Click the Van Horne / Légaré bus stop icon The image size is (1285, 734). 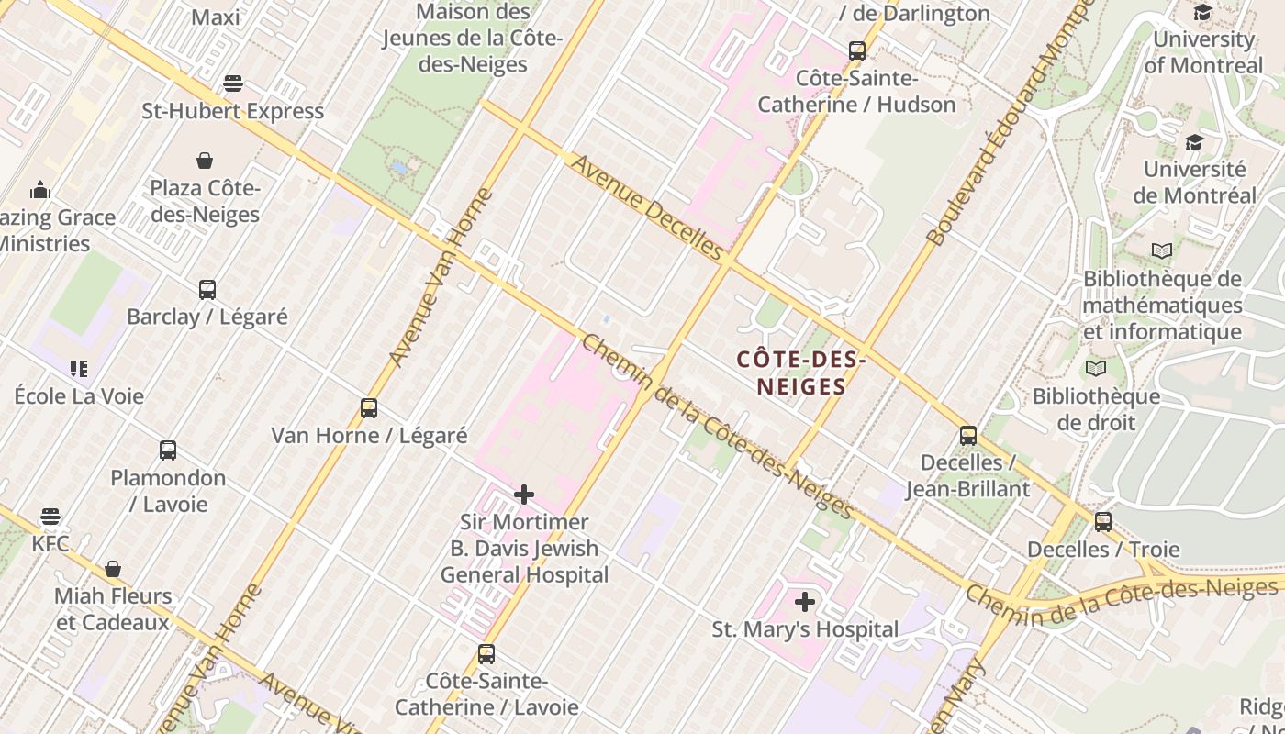pos(369,408)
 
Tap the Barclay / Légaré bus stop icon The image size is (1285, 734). pos(207,290)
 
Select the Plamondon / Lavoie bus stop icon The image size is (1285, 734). pos(168,450)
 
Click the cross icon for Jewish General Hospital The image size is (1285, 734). pos(524,495)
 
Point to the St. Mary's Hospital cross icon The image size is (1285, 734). pos(805,602)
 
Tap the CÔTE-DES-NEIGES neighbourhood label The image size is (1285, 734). pos(801,373)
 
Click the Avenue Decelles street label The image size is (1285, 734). pos(648,206)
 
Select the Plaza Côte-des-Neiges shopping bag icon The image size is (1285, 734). pos(205,161)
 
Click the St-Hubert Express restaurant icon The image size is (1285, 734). pos(233,83)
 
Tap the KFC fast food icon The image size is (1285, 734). pos(50,517)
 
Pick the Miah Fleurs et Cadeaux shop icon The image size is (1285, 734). pos(113,569)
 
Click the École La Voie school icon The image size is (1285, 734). pos(79,369)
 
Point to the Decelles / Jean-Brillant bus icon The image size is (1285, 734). pos(968,435)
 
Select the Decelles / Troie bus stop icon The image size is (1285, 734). pos(1103,522)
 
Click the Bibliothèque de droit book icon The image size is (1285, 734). pos(1096,369)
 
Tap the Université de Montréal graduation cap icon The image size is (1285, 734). pos(1194,143)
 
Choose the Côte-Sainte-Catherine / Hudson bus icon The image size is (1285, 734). pos(857,51)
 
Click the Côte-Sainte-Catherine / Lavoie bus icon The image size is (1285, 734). pos(486,654)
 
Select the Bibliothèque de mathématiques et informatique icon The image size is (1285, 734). pos(1162,250)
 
